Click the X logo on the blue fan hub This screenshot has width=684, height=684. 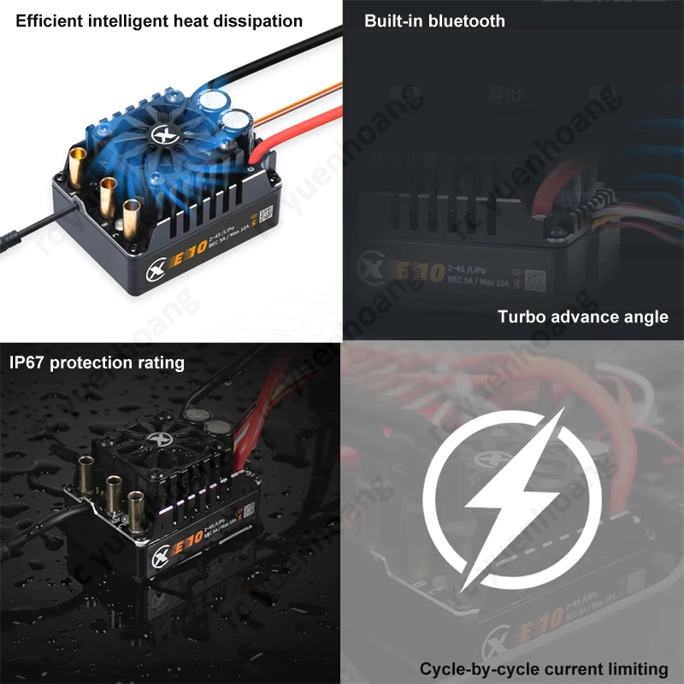[163, 134]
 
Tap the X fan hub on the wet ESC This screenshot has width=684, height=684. [156, 440]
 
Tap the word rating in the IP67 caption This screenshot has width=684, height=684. [161, 363]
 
